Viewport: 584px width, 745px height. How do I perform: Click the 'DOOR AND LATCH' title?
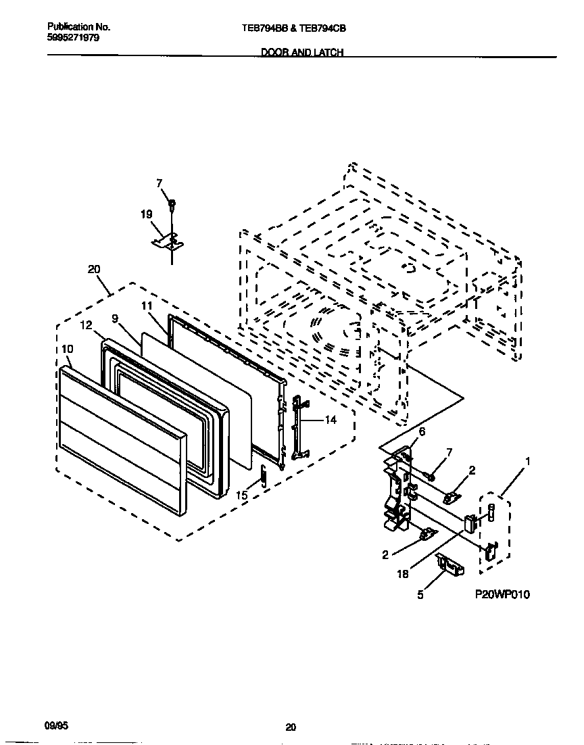coord(302,53)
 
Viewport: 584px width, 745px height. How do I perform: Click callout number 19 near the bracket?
coord(146,215)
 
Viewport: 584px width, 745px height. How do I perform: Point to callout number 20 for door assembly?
coord(94,269)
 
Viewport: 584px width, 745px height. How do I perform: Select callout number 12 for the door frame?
coord(86,326)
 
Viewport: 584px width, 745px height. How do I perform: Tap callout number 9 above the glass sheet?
coord(115,318)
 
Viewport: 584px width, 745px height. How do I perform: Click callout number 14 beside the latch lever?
coord(331,420)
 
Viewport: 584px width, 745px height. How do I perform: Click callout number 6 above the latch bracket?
coord(422,432)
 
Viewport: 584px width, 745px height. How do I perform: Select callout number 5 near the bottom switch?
coord(420,596)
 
